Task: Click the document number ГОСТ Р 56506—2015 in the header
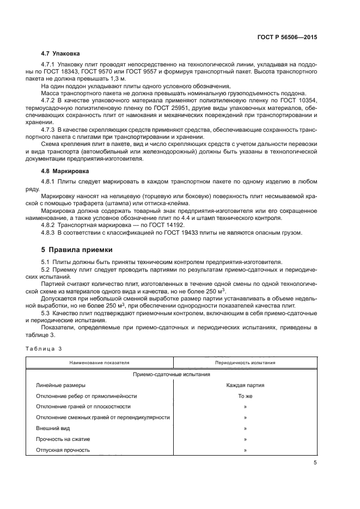click(x=287, y=38)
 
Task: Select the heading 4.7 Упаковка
click(x=60, y=54)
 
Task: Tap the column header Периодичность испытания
click(x=245, y=363)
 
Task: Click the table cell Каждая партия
click(x=245, y=385)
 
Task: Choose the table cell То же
click(x=245, y=396)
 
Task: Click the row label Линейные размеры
click(x=60, y=385)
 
